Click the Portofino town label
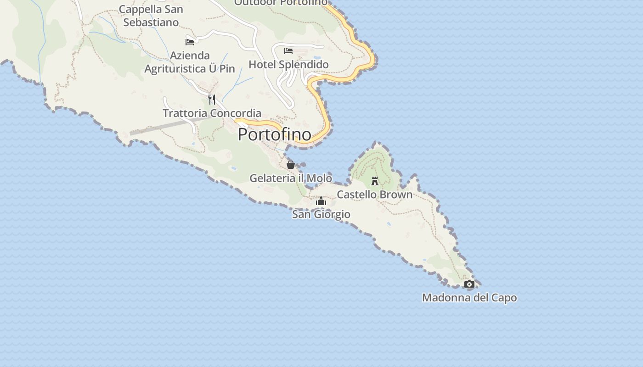(274, 134)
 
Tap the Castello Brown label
(374, 195)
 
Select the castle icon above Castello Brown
(375, 181)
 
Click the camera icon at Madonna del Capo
(469, 284)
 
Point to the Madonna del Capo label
(469, 298)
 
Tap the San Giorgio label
(321, 214)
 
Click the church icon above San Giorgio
(321, 201)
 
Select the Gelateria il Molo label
(290, 178)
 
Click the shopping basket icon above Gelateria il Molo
(290, 164)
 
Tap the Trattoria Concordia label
(212, 113)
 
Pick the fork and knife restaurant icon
(212, 99)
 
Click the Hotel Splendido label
(288, 64)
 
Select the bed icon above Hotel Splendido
(288, 50)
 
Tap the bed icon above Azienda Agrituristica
(190, 42)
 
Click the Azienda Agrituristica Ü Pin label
(190, 62)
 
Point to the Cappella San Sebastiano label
(151, 16)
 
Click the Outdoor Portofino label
(281, 3)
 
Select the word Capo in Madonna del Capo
(504, 298)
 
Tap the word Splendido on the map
(304, 64)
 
